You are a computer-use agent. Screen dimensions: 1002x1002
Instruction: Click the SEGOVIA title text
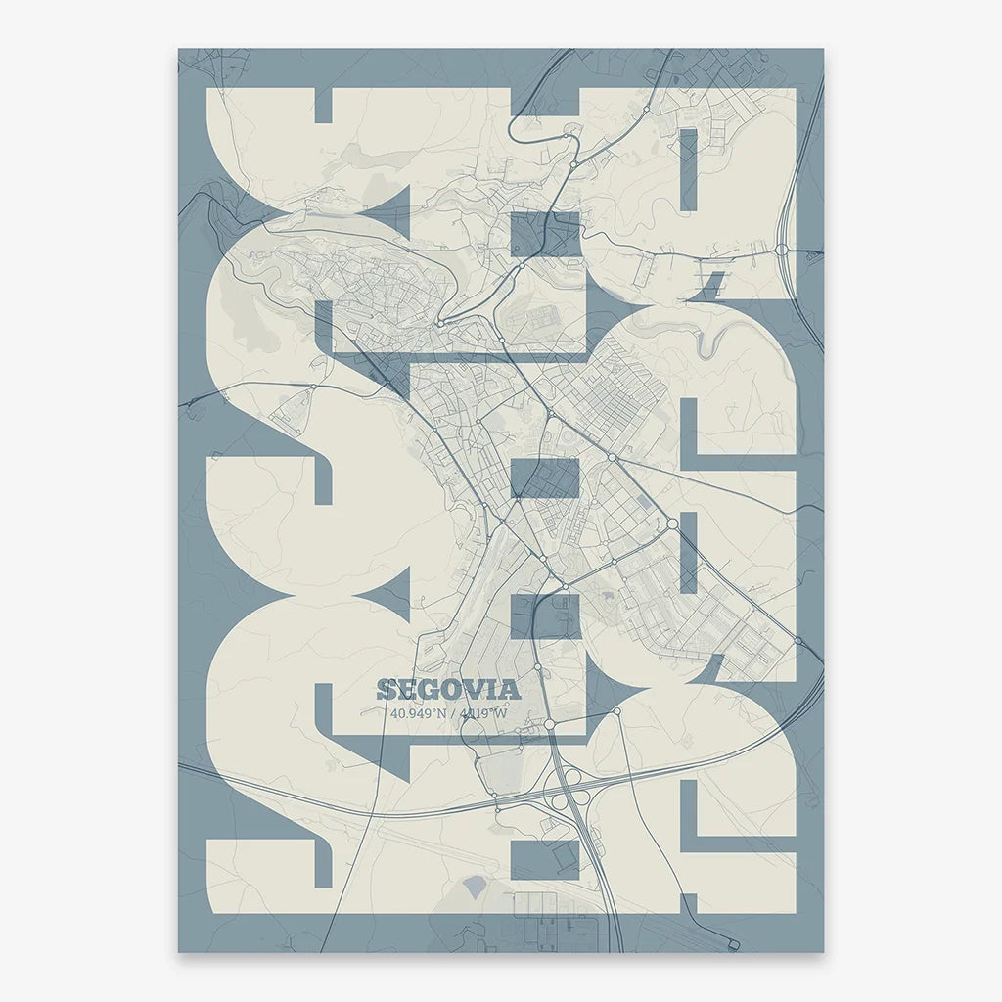coord(448,689)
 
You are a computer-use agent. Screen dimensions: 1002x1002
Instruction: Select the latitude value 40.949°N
coord(418,712)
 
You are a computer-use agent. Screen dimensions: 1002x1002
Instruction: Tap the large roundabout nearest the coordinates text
coord(550,724)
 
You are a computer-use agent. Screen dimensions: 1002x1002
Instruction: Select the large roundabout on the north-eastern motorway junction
coord(783,250)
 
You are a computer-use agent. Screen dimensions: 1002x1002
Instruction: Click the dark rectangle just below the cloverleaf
coord(545,858)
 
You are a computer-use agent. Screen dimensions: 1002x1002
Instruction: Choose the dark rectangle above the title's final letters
coord(545,616)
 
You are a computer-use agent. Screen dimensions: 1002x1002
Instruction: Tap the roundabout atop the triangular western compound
coord(312,387)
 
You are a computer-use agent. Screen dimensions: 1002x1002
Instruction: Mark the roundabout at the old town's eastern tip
coord(441,322)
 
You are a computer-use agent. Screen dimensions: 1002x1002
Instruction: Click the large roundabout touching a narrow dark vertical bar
coord(673,524)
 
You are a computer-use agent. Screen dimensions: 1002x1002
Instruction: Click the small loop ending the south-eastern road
coord(733,944)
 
